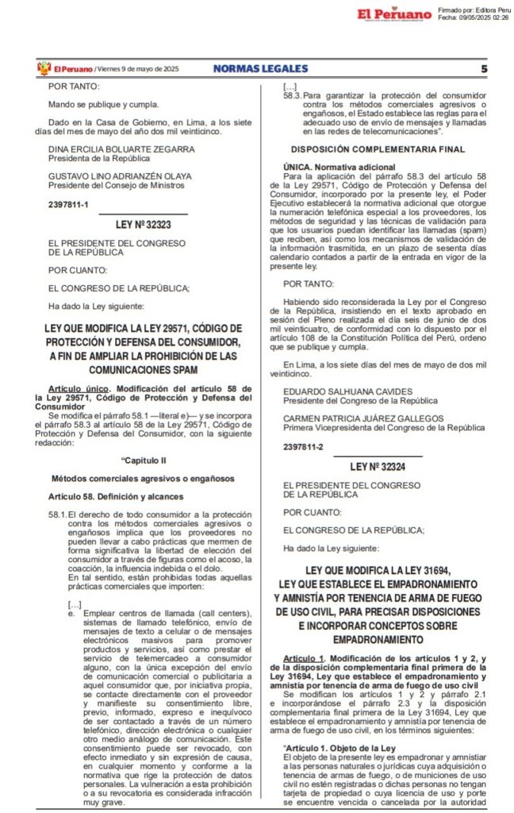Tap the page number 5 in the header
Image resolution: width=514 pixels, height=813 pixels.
tap(483, 69)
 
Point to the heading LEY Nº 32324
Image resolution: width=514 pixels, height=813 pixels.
tap(383, 467)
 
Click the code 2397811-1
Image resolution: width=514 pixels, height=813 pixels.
tap(69, 204)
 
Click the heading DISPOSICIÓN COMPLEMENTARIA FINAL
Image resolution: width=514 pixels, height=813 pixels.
tap(376, 148)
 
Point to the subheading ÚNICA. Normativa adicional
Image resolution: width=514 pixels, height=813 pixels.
tap(339, 167)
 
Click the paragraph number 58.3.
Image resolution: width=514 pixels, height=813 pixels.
tap(292, 94)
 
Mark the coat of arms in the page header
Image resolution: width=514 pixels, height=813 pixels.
tap(44, 69)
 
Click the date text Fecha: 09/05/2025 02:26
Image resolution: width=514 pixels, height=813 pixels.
tap(473, 18)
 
